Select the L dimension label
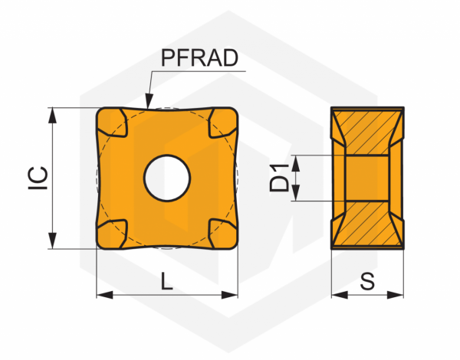pyautogui.click(x=167, y=281)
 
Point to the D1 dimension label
pyautogui.click(x=280, y=178)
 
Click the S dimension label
pyautogui.click(x=367, y=281)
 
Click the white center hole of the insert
pyautogui.click(x=167, y=178)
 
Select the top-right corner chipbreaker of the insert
pyautogui.click(x=222, y=123)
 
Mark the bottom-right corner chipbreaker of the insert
pyautogui.click(x=222, y=233)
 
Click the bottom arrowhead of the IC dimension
pyautogui.click(x=52, y=242)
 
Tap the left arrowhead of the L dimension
pyautogui.click(x=102, y=294)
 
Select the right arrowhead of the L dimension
pyautogui.click(x=232, y=294)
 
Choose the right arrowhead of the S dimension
pyautogui.click(x=398, y=294)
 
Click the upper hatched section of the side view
pyautogui.click(x=367, y=130)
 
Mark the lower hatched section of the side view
pyautogui.click(x=367, y=225)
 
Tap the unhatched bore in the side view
pyautogui.click(x=367, y=178)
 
